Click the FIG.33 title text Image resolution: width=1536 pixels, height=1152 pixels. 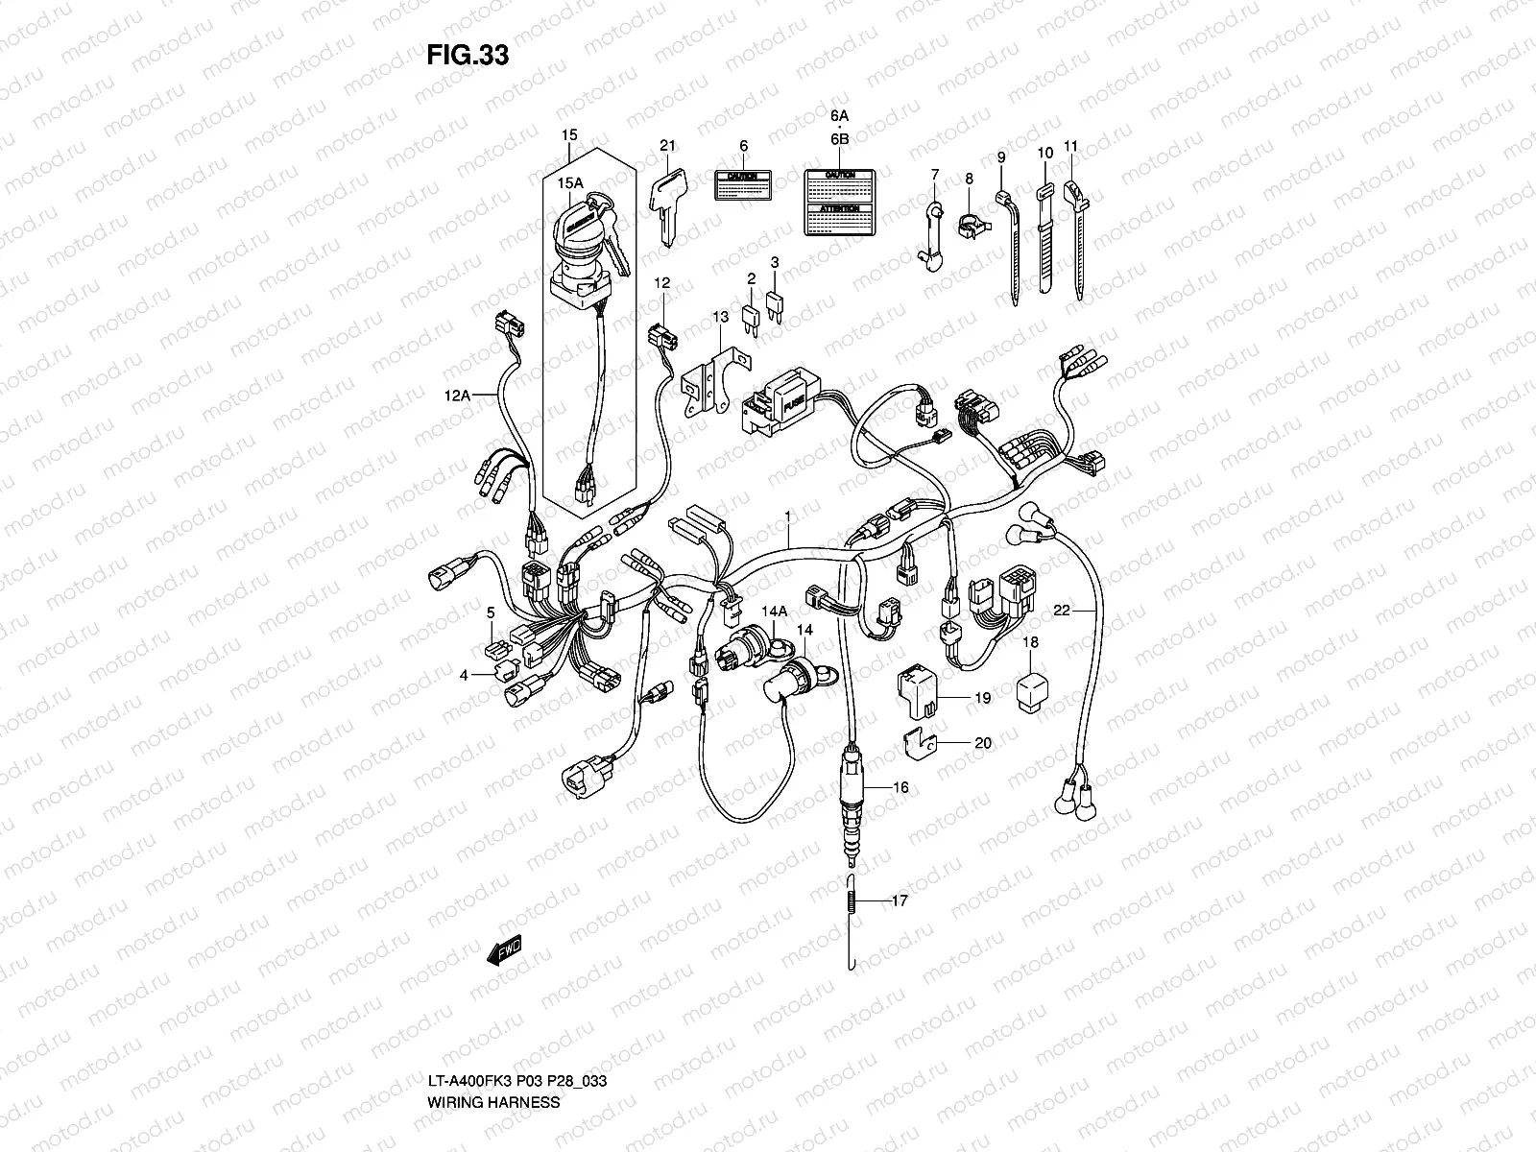coord(467,56)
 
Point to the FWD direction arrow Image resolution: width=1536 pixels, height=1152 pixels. coord(502,950)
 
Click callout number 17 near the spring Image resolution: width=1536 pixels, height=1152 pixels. coord(899,901)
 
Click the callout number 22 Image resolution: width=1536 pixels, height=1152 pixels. coord(1061,610)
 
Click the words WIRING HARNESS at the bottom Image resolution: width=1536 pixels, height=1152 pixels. coord(493,1021)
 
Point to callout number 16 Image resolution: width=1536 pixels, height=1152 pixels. coord(900,787)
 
